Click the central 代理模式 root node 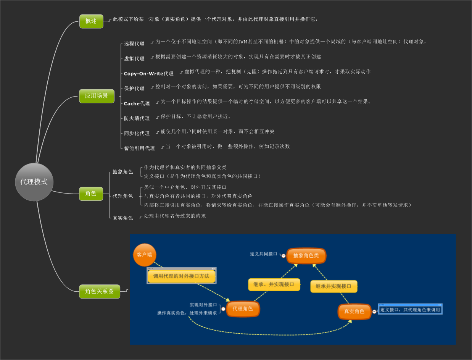click(x=34, y=182)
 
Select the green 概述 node click(x=91, y=21)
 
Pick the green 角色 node click(x=91, y=194)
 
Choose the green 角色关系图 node click(x=100, y=291)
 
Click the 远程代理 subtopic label click(x=134, y=44)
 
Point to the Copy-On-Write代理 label click(x=148, y=73)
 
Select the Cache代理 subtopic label click(x=137, y=103)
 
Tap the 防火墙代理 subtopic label click(x=137, y=118)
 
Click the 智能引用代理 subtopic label click(x=139, y=148)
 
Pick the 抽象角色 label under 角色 click(x=123, y=172)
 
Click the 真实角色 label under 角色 click(x=123, y=218)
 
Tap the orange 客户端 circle click(x=145, y=255)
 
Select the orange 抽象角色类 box click(x=306, y=255)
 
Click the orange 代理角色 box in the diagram click(x=243, y=309)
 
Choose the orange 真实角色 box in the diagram click(x=354, y=312)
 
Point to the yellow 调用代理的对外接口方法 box click(x=181, y=276)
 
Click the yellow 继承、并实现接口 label click(x=274, y=284)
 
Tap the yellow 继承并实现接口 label click(x=333, y=286)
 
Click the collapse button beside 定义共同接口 click(x=284, y=255)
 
